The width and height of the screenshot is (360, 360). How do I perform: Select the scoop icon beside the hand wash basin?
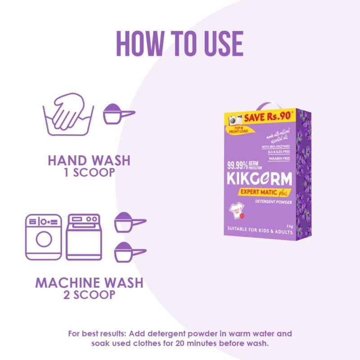point(117,114)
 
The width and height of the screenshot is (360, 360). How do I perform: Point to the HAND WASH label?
point(89,160)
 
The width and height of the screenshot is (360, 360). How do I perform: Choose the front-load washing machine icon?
point(44,237)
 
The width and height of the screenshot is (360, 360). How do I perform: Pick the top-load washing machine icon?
point(83,237)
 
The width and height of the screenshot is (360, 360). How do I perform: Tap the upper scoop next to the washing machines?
point(128,222)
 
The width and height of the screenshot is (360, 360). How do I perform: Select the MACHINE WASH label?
point(89,283)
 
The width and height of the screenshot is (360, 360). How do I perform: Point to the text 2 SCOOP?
point(89,296)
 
